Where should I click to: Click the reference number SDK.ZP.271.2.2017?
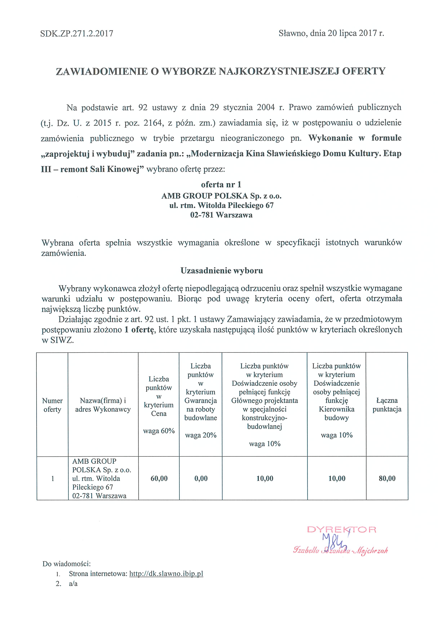click(77, 34)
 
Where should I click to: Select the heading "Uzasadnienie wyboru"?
click(222, 271)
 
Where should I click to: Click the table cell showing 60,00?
click(159, 478)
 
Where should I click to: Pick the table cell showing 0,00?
click(201, 478)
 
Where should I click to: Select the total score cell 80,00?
click(387, 478)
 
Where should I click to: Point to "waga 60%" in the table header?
click(159, 431)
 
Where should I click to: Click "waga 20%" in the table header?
click(201, 435)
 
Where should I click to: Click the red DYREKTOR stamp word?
click(342, 529)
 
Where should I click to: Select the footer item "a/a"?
click(73, 584)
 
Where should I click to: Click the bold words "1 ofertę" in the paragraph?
click(139, 330)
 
